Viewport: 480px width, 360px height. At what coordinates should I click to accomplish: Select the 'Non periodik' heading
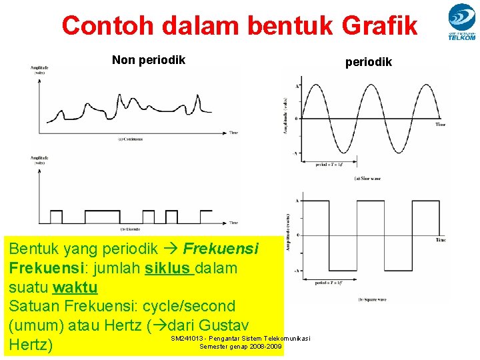pyautogui.click(x=149, y=61)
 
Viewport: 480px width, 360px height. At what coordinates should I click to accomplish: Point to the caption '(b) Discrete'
pyautogui.click(x=129, y=229)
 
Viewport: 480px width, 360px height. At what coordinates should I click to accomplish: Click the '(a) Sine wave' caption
pyautogui.click(x=367, y=178)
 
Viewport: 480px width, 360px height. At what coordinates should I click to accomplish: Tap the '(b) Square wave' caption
pyautogui.click(x=369, y=299)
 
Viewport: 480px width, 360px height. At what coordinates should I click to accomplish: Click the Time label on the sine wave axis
pyautogui.click(x=440, y=125)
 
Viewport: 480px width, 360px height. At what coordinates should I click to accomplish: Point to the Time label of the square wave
pyautogui.click(x=440, y=240)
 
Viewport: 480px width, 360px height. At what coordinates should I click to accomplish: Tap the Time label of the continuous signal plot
pyautogui.click(x=233, y=133)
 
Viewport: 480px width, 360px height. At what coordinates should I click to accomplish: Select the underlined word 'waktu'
pyautogui.click(x=75, y=287)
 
